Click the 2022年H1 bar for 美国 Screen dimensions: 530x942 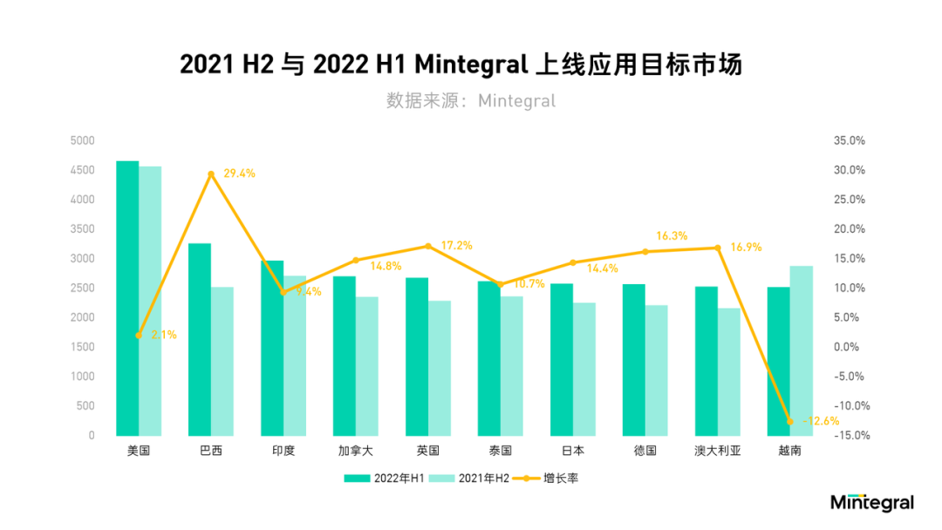tap(127, 298)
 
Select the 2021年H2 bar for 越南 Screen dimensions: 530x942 tap(801, 350)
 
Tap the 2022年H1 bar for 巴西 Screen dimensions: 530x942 tap(200, 339)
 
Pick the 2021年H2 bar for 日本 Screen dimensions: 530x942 tap(584, 369)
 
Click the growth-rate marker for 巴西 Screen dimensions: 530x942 tap(211, 174)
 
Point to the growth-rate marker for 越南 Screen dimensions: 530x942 tap(789, 421)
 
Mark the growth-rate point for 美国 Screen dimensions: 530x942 tap(139, 335)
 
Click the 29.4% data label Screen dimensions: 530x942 tap(239, 173)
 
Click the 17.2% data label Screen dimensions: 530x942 tap(456, 246)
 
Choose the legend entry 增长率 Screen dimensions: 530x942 tap(546, 479)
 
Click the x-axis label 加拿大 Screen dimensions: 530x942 tap(356, 451)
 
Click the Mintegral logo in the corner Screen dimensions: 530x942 tap(872, 503)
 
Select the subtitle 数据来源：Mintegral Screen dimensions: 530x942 tap(471, 101)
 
